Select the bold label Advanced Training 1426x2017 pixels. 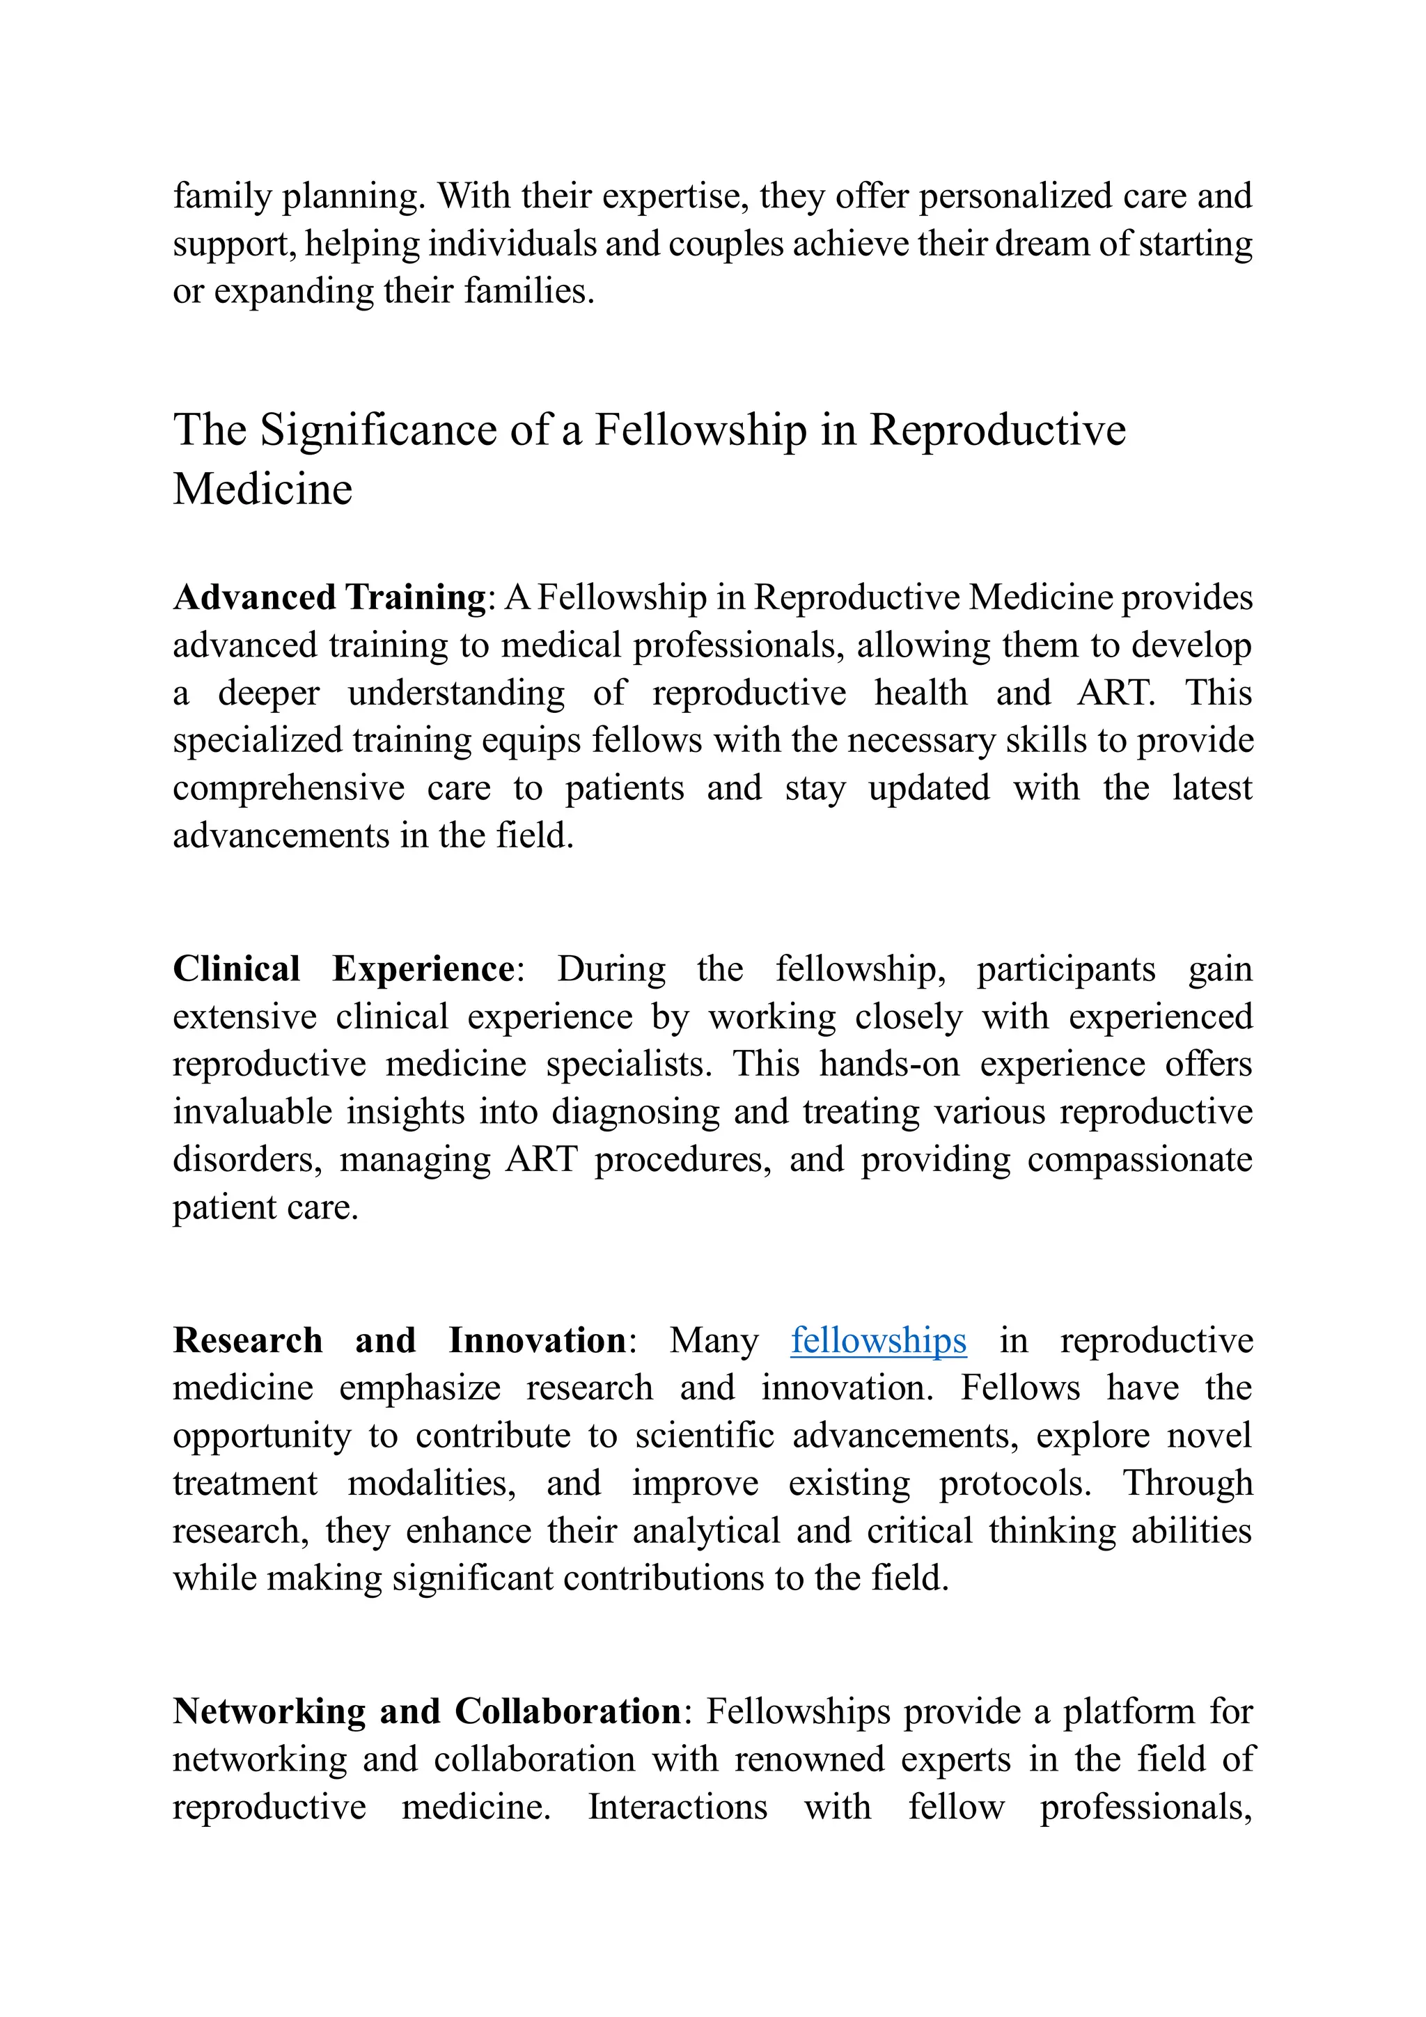tap(329, 597)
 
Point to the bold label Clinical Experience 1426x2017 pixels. tap(343, 969)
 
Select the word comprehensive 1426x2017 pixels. tap(288, 788)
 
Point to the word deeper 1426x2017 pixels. tap(269, 693)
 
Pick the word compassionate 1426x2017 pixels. tap(1140, 1160)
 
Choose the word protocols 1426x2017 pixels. tap(1014, 1484)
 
